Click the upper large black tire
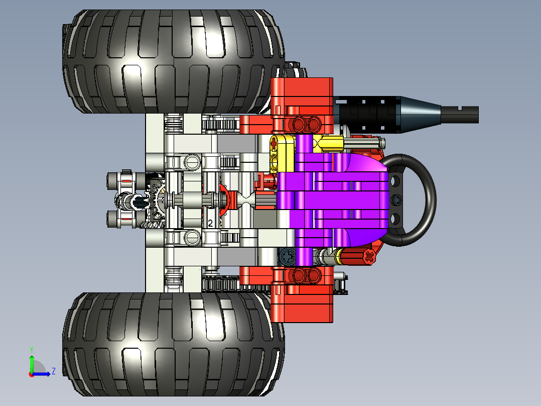point(171,60)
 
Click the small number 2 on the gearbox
point(210,223)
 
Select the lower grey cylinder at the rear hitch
point(121,219)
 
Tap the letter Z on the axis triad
point(53,372)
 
